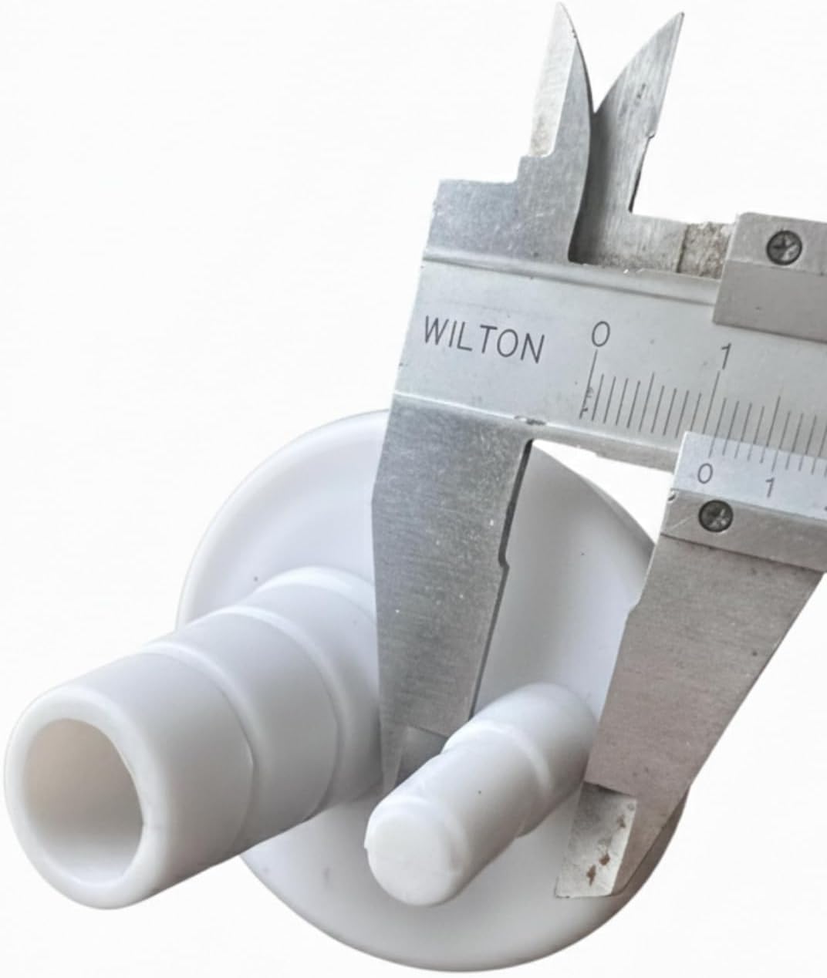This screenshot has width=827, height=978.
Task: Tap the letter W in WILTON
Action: (436, 330)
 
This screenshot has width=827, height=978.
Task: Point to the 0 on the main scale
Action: (601, 335)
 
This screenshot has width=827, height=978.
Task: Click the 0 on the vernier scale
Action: (706, 473)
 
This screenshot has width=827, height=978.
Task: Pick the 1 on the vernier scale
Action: (770, 486)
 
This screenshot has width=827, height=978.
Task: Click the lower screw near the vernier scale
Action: (715, 512)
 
